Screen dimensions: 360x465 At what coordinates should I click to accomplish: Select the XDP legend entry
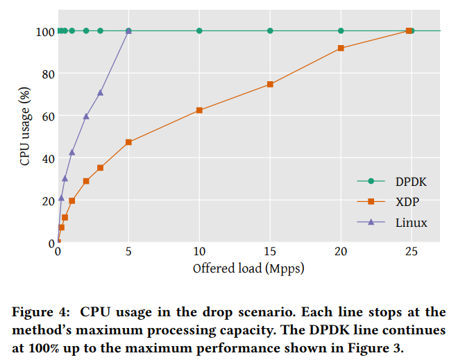[x=407, y=202]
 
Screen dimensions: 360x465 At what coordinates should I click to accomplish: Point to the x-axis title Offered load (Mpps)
[x=248, y=268]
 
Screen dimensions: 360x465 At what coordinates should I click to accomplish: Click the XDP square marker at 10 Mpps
[x=199, y=110]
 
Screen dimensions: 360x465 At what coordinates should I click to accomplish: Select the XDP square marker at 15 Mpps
[x=270, y=85]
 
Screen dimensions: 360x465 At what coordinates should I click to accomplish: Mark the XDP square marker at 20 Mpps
[x=341, y=48]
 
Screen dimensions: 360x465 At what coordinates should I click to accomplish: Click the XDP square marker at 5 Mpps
[x=128, y=142]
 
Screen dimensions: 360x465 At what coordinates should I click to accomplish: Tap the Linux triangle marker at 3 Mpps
[x=100, y=92]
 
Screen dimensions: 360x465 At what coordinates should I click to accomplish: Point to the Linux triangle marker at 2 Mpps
[x=86, y=116]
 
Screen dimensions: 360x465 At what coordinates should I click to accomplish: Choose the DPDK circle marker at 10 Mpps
[x=199, y=31]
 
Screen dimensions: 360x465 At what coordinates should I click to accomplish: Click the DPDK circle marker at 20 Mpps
[x=341, y=31]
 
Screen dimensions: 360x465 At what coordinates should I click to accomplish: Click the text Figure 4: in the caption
[x=41, y=312]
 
